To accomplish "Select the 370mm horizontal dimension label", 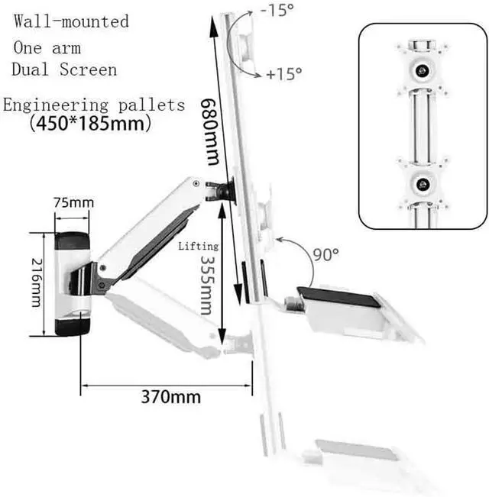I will pyautogui.click(x=170, y=397).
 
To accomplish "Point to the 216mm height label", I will pyautogui.click(x=37, y=281).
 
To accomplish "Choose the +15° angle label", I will pyautogui.click(x=284, y=74).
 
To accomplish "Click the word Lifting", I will pyautogui.click(x=199, y=247).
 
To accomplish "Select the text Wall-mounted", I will pyautogui.click(x=71, y=21).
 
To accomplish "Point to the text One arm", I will pyautogui.click(x=47, y=47).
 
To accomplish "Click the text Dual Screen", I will pyautogui.click(x=64, y=70).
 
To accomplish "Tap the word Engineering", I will pyautogui.click(x=51, y=105).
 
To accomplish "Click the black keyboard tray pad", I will pyautogui.click(x=338, y=294).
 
